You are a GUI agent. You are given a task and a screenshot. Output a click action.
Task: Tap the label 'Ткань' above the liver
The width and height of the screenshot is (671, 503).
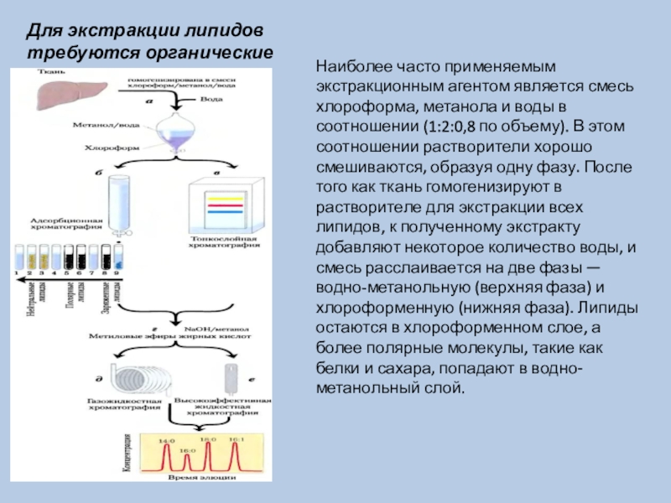tap(47, 74)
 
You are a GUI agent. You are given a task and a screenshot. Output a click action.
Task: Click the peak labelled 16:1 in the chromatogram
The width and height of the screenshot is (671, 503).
tap(237, 459)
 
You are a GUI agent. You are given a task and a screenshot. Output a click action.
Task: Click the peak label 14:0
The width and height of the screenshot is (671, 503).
tap(168, 440)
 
